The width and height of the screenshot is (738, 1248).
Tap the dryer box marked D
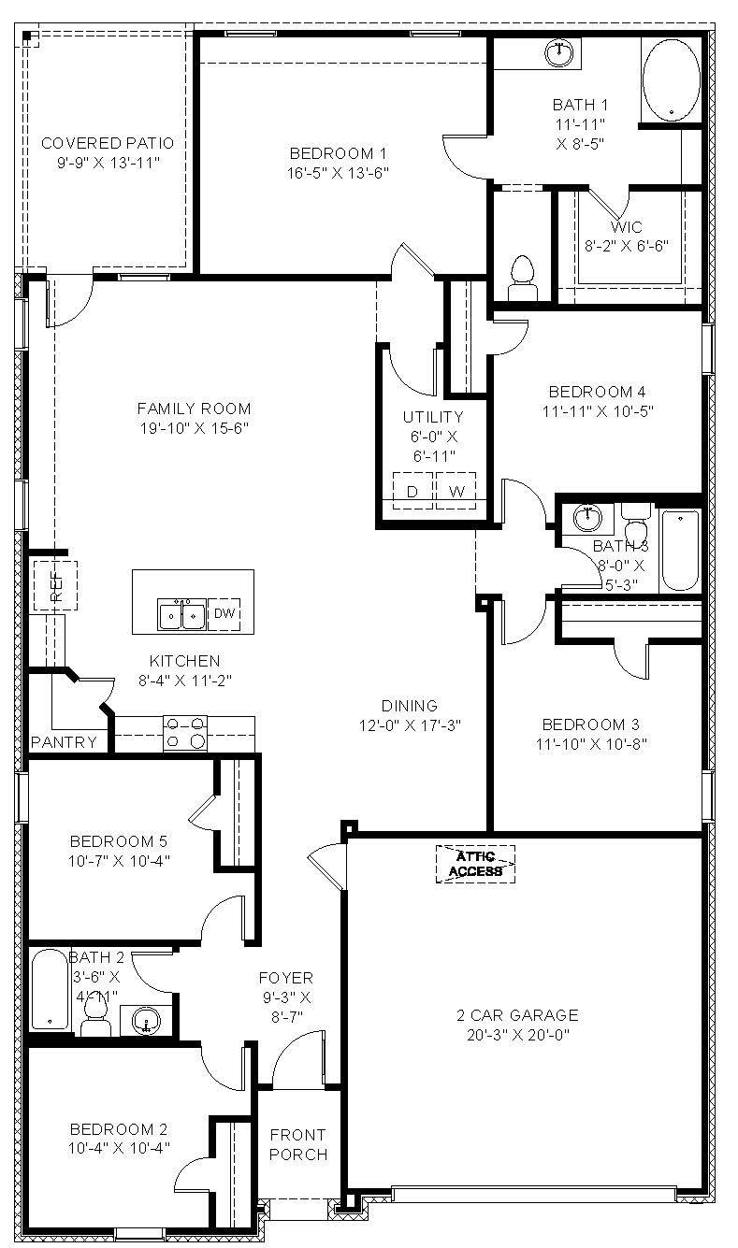(x=412, y=491)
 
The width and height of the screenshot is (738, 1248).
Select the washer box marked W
(x=456, y=491)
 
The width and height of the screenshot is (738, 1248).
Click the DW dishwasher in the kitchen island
(x=224, y=614)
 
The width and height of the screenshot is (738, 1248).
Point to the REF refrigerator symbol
(x=55, y=585)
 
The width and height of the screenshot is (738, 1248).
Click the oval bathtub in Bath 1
(x=670, y=79)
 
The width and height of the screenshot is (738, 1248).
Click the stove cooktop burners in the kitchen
(x=185, y=732)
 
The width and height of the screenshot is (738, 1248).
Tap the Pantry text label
(x=64, y=742)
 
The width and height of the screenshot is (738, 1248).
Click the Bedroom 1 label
(x=338, y=153)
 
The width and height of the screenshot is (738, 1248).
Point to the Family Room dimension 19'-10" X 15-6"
(x=194, y=428)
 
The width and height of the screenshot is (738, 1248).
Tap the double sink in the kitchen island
(x=181, y=615)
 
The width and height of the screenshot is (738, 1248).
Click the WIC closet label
(x=626, y=227)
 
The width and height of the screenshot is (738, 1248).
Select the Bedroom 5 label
(x=119, y=840)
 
